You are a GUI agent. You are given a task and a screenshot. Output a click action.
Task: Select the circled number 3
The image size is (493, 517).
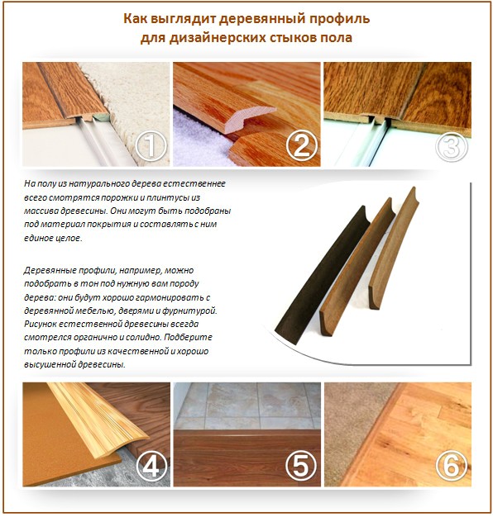coord(450,148)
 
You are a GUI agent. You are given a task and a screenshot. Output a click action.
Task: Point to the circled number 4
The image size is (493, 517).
coord(150,467)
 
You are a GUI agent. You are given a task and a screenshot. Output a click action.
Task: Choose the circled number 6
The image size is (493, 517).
coord(450,467)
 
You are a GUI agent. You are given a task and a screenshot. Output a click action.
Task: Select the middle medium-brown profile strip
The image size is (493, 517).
coord(356,264)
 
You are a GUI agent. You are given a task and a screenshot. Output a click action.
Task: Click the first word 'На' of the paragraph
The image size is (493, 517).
coord(30,182)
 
